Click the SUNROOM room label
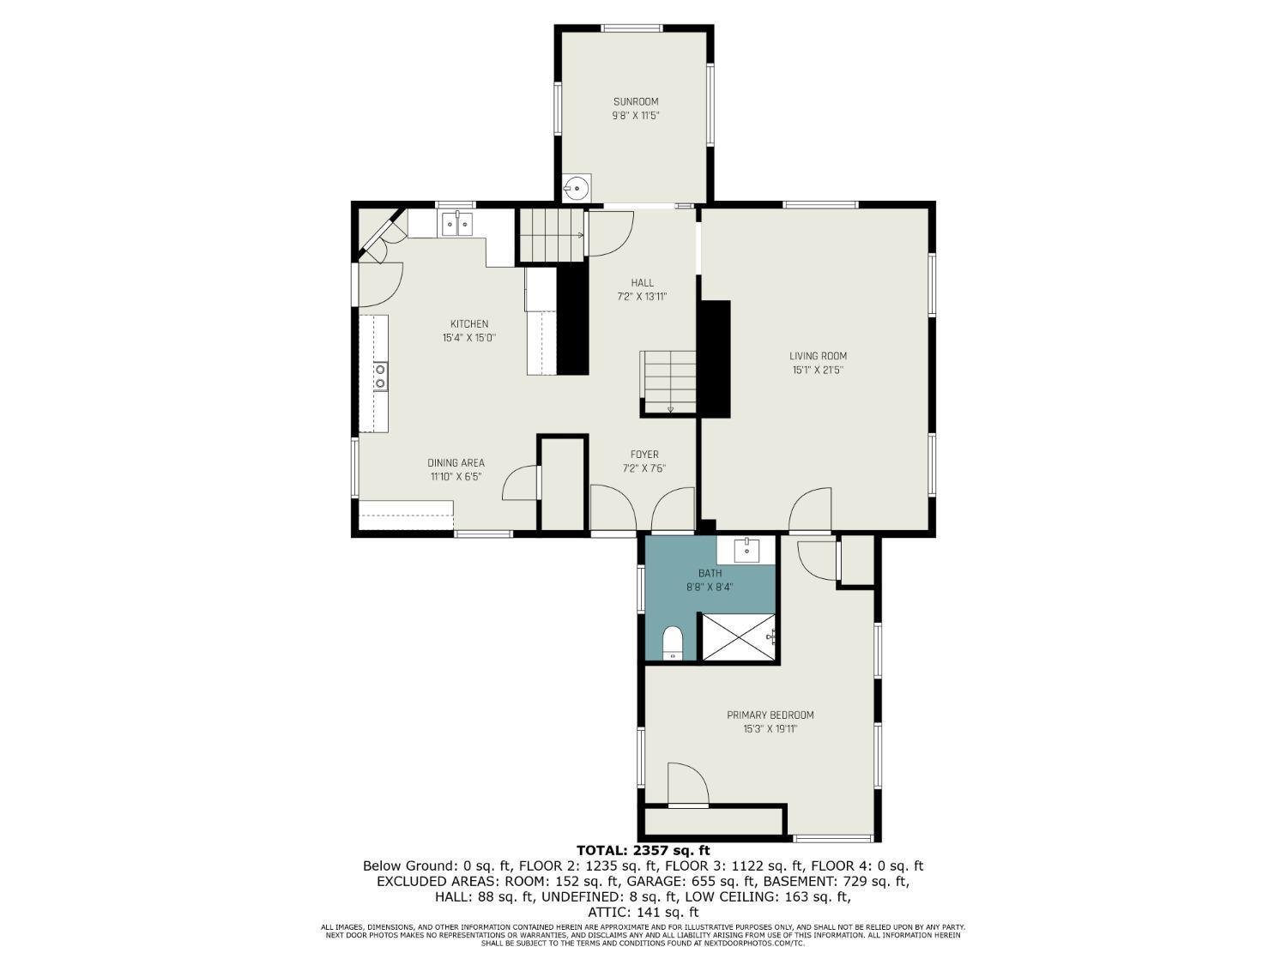(x=636, y=101)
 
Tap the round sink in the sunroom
(x=577, y=188)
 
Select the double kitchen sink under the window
(x=456, y=223)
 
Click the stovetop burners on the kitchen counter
(x=381, y=377)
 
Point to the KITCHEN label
(x=469, y=324)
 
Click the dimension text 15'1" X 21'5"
(x=818, y=370)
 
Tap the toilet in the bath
(x=673, y=642)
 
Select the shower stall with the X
(x=739, y=636)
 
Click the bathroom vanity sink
(x=747, y=550)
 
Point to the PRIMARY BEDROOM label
(x=770, y=715)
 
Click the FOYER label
(x=644, y=454)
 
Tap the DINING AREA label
(x=456, y=463)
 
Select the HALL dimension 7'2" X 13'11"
(x=642, y=297)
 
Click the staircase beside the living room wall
(x=668, y=383)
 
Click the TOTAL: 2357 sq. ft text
(x=643, y=850)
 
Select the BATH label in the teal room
(x=710, y=573)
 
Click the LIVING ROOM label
(x=818, y=356)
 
